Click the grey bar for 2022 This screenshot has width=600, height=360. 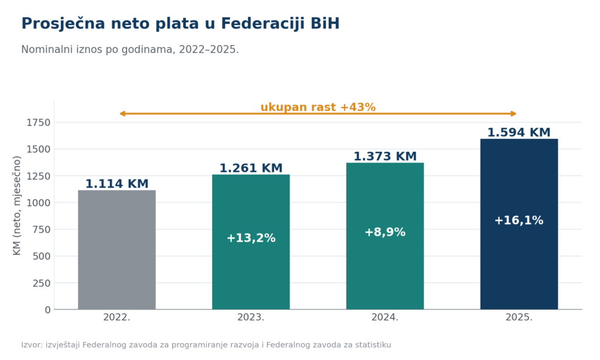[x=117, y=250]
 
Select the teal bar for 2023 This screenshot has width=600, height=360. [x=251, y=242]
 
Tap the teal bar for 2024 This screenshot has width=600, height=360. [x=385, y=236]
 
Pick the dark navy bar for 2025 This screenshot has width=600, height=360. [x=519, y=224]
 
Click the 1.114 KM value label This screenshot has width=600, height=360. [x=117, y=184]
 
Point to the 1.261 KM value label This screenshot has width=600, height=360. [x=251, y=168]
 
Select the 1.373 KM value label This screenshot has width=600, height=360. [x=385, y=157]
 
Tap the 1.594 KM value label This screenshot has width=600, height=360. [x=519, y=133]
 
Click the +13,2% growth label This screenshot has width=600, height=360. [x=251, y=238]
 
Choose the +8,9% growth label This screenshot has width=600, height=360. [x=385, y=232]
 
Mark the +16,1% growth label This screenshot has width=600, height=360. [x=519, y=220]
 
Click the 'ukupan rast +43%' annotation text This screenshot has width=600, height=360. [x=318, y=107]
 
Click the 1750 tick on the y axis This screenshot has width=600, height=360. [x=38, y=123]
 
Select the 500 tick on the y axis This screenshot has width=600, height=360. [x=42, y=256]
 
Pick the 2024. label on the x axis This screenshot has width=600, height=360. [x=385, y=317]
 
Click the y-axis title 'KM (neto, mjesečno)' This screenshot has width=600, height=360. [x=17, y=205]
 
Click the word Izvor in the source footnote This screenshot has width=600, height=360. [x=31, y=345]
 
